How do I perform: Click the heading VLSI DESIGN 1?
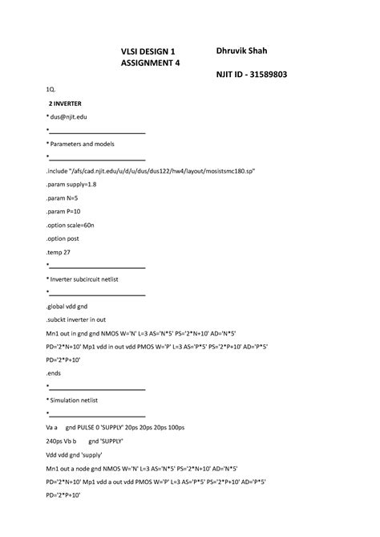point(148,51)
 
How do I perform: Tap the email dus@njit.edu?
point(68,116)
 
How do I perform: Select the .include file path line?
point(151,171)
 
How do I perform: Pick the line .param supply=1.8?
point(75,184)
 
